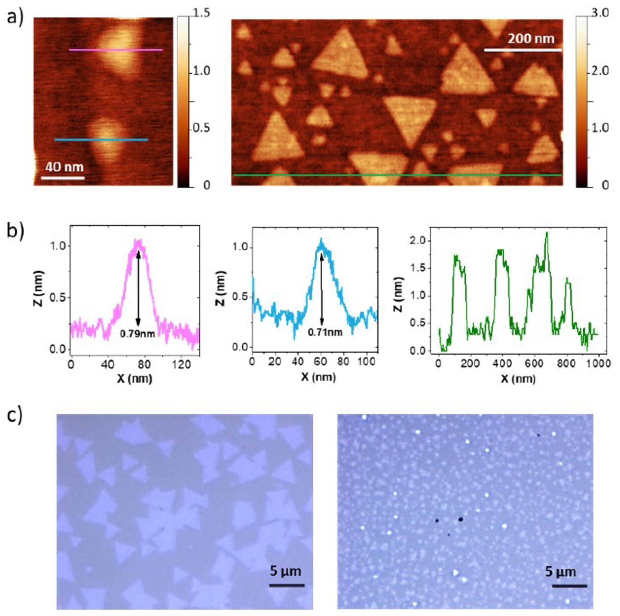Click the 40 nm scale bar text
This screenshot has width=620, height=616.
pyautogui.click(x=64, y=167)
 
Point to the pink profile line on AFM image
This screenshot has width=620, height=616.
pyautogui.click(x=116, y=50)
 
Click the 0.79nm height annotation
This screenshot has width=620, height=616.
pyautogui.click(x=137, y=334)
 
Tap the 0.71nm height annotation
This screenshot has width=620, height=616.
pyautogui.click(x=325, y=332)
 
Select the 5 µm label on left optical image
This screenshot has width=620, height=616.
pyautogui.click(x=285, y=571)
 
